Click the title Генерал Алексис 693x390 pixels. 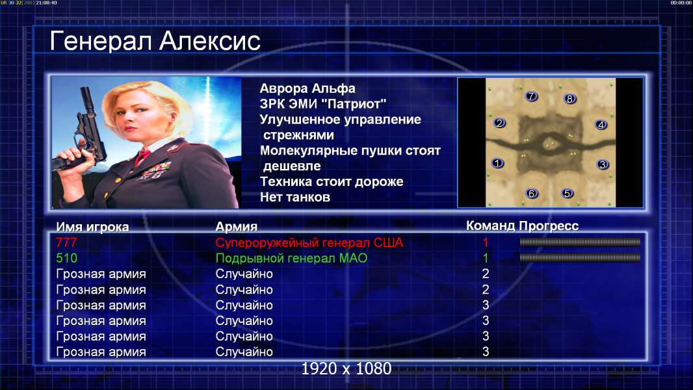tap(155, 41)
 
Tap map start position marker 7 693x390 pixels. tap(530, 96)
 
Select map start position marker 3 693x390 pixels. tap(602, 164)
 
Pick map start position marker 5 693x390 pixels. tap(567, 193)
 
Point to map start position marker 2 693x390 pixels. tap(499, 123)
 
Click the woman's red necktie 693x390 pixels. tap(142, 156)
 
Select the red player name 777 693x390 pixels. tap(66, 242)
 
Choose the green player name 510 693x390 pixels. tap(66, 258)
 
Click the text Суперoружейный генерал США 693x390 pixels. tap(309, 242)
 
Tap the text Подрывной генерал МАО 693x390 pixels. tap(291, 258)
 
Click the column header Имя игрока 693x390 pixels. tap(92, 227)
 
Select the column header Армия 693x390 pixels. tap(237, 227)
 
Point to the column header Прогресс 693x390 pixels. tap(549, 226)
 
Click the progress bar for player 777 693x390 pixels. tap(580, 242)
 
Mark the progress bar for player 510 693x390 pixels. tap(580, 257)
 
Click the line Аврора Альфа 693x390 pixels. tap(307, 88)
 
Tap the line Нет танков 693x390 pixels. tap(295, 197)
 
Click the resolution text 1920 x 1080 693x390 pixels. tap(346, 369)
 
